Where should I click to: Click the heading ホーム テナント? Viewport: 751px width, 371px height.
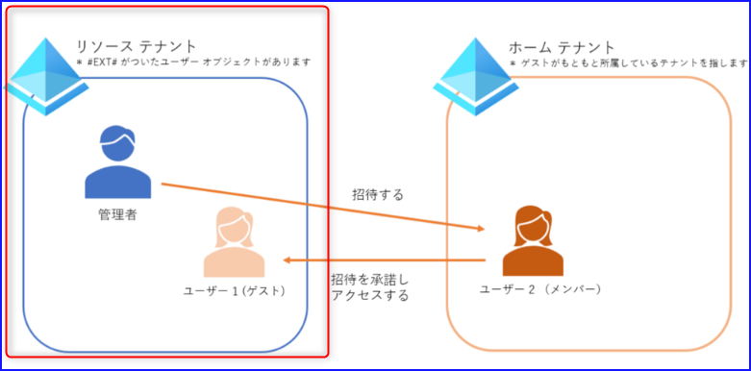562,47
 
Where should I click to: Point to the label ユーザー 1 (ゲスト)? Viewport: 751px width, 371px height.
235,290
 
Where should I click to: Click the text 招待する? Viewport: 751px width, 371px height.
378,194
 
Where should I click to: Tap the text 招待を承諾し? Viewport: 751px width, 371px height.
369,279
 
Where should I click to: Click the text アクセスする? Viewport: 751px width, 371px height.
369,296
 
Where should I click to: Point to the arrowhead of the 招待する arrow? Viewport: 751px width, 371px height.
481,229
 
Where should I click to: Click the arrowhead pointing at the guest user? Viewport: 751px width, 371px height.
288,260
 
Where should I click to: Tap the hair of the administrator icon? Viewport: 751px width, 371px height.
118,136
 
